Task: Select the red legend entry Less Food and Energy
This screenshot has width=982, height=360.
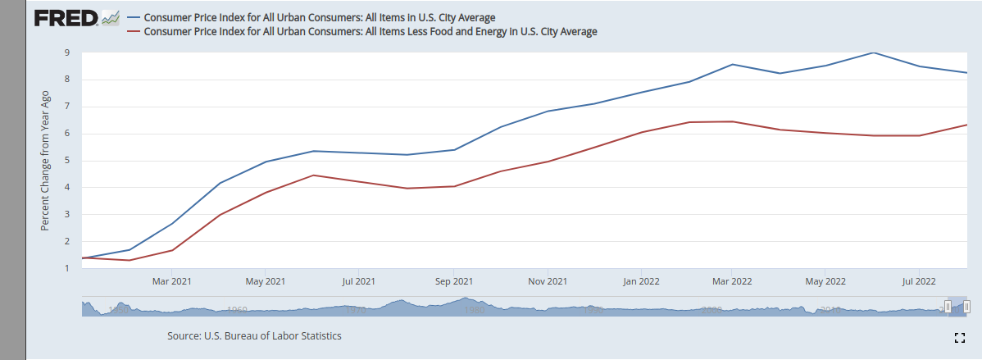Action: click(369, 32)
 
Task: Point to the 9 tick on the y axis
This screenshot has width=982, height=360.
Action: click(66, 53)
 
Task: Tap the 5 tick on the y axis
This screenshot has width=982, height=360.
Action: click(66, 161)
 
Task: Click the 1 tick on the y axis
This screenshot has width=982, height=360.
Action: click(66, 268)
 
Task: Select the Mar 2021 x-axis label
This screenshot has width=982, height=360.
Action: click(171, 281)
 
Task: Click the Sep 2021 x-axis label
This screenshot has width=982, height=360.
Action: click(452, 281)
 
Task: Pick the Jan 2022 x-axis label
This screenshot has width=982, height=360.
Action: click(642, 281)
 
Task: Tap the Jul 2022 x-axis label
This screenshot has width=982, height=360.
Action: click(918, 281)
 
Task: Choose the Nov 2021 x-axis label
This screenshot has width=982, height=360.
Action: click(547, 281)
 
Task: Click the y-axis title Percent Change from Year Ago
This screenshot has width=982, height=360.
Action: click(46, 160)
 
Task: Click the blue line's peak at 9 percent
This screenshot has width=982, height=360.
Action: click(874, 52)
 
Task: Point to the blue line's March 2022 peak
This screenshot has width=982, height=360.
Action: click(732, 64)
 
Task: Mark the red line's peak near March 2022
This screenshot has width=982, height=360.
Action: click(732, 121)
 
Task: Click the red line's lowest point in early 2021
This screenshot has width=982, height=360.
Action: click(130, 260)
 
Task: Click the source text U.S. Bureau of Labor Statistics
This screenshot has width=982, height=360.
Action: click(254, 336)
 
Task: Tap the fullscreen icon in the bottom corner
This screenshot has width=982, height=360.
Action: click(959, 337)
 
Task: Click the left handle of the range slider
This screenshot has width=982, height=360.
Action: click(948, 306)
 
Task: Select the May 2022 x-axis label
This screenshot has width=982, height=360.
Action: click(825, 281)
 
